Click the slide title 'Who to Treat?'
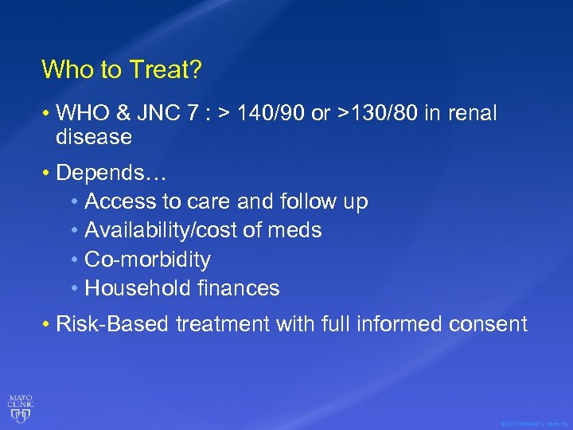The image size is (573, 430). (122, 70)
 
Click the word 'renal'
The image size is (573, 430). (471, 114)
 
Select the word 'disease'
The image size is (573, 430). (94, 137)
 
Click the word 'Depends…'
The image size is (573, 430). (100, 172)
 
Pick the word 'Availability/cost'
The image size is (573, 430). (164, 230)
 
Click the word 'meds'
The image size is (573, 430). (294, 230)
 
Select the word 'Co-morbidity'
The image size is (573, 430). (148, 260)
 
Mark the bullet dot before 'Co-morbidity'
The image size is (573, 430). (74, 260)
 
